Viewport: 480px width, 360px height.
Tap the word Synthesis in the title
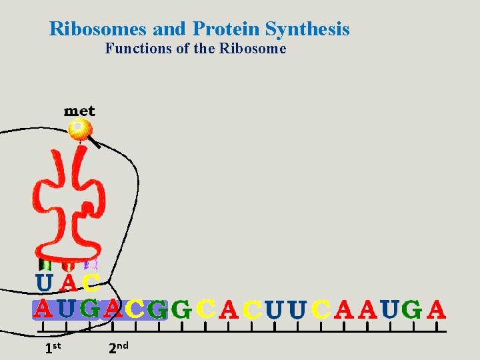307,29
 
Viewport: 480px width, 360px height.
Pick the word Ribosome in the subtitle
257,49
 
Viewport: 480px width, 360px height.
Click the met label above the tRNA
79,111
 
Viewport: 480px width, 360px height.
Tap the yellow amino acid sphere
81,128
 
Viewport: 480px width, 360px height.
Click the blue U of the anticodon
45,283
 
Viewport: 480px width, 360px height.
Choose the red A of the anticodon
68,283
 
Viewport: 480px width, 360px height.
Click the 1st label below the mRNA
53,347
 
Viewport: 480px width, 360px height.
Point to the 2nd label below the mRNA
118,347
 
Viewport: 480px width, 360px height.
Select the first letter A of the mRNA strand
43,309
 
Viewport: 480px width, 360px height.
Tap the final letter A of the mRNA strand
435,309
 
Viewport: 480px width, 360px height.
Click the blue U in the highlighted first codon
67,309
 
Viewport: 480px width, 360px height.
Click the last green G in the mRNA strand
413,309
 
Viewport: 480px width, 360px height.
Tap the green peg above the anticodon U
44,265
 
